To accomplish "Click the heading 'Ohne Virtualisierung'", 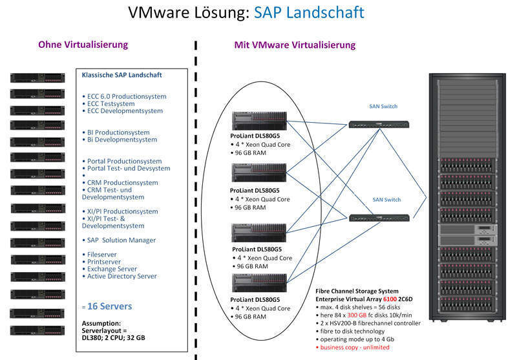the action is click(83, 45).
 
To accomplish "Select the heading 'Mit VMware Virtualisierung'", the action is click(295, 45).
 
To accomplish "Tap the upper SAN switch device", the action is click(379, 125).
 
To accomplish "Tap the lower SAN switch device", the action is click(379, 218).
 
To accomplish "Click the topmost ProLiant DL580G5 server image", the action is click(259, 121).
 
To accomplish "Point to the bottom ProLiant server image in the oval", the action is click(259, 283).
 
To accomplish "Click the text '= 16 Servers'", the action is click(107, 306).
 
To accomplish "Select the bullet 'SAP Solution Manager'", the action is click(119, 240).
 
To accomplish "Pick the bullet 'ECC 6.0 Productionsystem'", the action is click(124, 96).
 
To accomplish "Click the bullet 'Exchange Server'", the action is click(109, 269).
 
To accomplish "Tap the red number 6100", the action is click(390, 299).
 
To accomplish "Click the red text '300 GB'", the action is click(357, 315).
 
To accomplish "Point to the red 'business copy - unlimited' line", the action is click(353, 348).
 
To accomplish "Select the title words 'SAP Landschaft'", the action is click(309, 12).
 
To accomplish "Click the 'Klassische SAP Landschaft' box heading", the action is click(121, 75).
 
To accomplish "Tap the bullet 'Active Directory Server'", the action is click(120, 276).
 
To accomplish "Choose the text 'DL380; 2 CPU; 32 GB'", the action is click(114, 338).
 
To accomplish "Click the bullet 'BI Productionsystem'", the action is click(116, 132).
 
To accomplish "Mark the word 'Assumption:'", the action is click(101, 323).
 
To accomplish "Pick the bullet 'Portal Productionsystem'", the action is click(122, 161).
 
